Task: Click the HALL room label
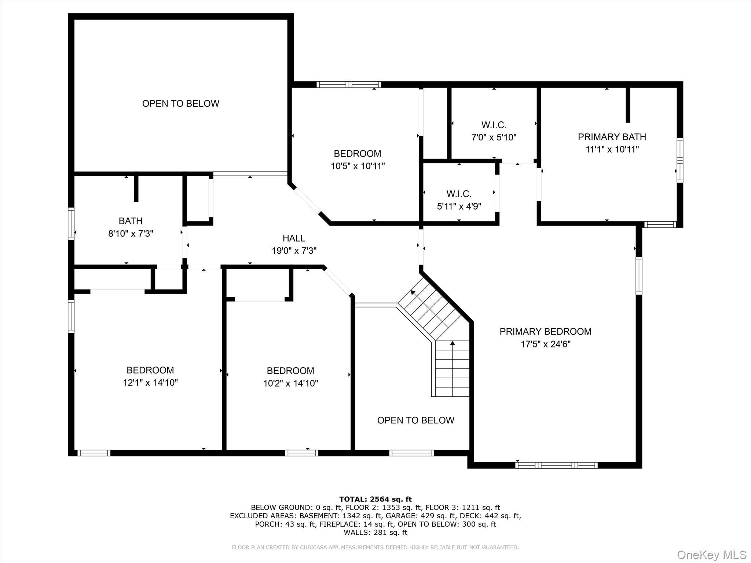pos(294,238)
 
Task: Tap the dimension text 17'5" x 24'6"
pos(546,344)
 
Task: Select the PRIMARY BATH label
pos(612,137)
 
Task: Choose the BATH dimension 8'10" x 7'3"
pos(131,233)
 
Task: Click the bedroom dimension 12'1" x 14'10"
pos(150,383)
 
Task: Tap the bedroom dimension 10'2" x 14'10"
pos(290,383)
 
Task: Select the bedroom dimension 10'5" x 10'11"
pos(358,166)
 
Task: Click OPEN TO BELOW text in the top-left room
pos(180,103)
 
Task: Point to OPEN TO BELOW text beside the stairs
pos(415,420)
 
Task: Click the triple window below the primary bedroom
pos(556,466)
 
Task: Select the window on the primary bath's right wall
pos(679,160)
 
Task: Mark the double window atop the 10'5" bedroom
pos(349,85)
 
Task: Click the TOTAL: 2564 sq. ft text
pos(375,499)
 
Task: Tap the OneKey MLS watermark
pos(711,555)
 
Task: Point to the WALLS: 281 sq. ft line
pos(375,533)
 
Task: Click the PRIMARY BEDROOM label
pos(545,331)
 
